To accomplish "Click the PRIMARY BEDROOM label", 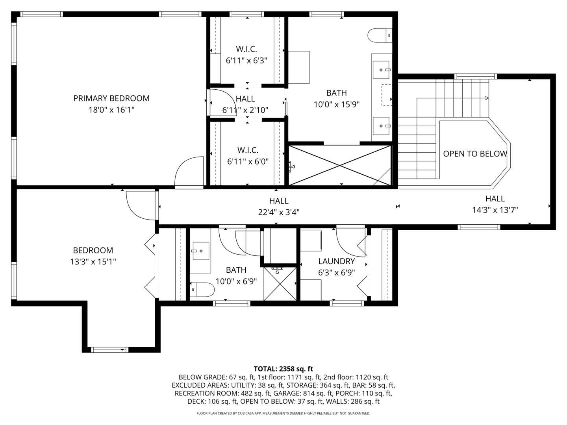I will coord(111,98).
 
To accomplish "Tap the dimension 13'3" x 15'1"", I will coord(93,261).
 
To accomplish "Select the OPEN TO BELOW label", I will coord(475,154).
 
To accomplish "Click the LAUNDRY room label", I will coord(336,261).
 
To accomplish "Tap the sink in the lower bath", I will coord(200,251).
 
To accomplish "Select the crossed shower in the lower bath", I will coord(280,283).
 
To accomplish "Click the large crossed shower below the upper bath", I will coord(340,165).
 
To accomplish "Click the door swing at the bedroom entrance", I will coord(139,205).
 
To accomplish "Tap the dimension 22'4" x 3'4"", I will coord(279,212).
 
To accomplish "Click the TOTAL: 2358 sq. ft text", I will coord(283,369).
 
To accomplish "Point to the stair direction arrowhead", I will coord(487,98).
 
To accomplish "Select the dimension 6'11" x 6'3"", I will coord(246,61).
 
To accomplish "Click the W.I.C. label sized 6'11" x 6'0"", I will coord(248,150).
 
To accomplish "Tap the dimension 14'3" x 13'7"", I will coord(495,210).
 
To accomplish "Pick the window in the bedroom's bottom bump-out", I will coord(109,349).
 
